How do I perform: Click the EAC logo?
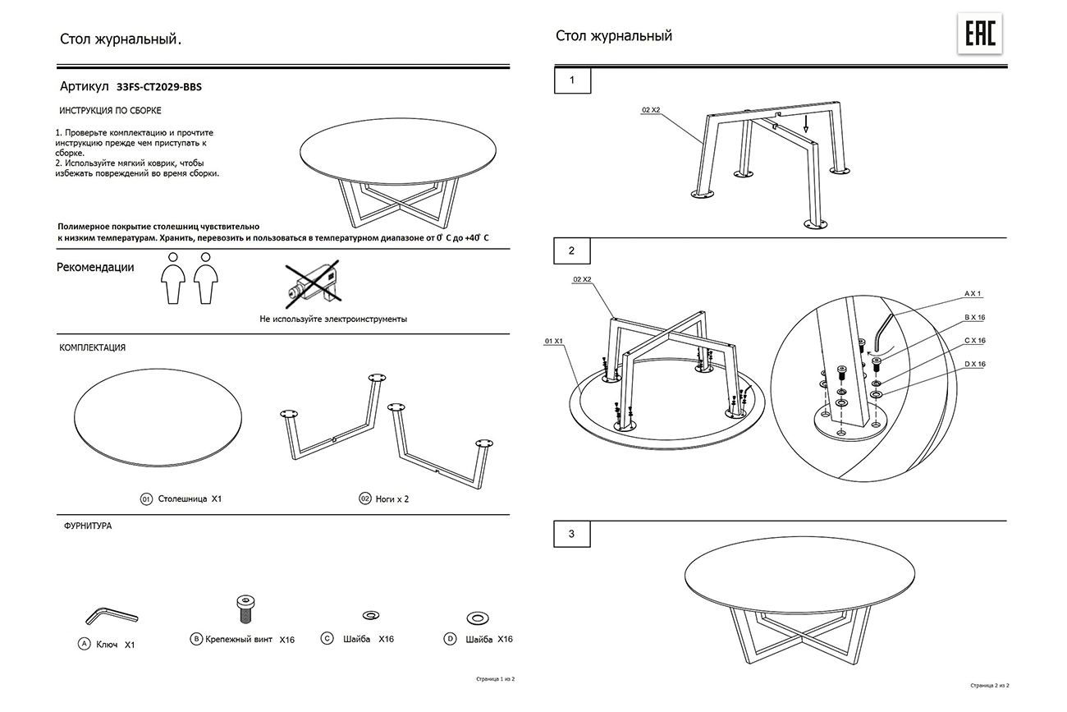coord(980,34)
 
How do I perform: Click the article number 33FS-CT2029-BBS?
coord(159,85)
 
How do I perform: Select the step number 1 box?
coord(572,80)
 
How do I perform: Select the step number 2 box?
coord(572,250)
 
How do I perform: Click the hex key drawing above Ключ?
coord(111,615)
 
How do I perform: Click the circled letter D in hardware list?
coord(450,639)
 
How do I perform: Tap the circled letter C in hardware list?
coord(327,639)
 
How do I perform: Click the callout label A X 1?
coord(972,293)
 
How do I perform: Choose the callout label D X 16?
coord(975,364)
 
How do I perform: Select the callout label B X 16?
coord(975,316)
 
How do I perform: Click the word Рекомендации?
coord(95,268)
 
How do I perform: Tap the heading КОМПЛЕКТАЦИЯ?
coord(93,347)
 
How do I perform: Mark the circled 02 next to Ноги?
coord(364,498)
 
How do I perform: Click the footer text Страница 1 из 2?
coord(495,679)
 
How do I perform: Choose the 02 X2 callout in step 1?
coord(651,109)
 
